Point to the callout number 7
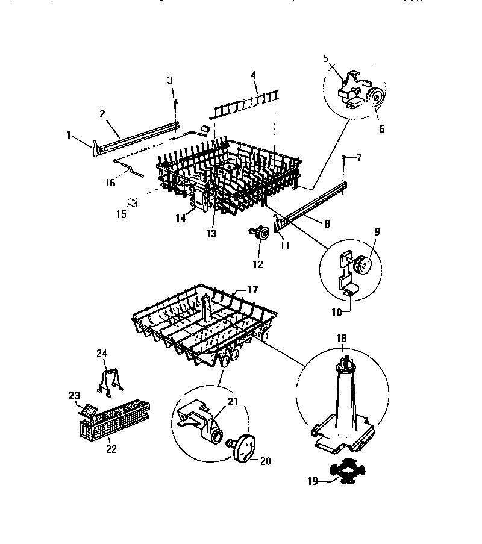coord(359,157)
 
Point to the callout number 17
coord(252,290)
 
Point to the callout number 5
coord(326,59)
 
